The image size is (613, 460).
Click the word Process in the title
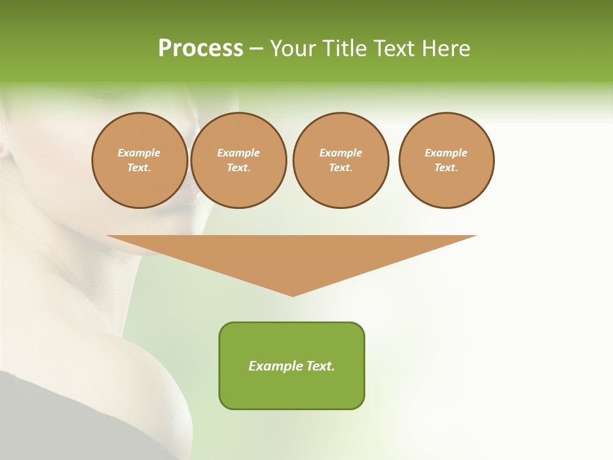pyautogui.click(x=201, y=49)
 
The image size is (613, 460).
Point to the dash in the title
pyautogui.click(x=257, y=49)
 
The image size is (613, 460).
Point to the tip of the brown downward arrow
pyautogui.click(x=293, y=295)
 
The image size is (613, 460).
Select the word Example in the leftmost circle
pyautogui.click(x=139, y=153)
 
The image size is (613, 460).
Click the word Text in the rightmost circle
pyautogui.click(x=446, y=168)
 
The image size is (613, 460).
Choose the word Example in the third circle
pyautogui.click(x=340, y=153)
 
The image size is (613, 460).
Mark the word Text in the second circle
pyautogui.click(x=238, y=168)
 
